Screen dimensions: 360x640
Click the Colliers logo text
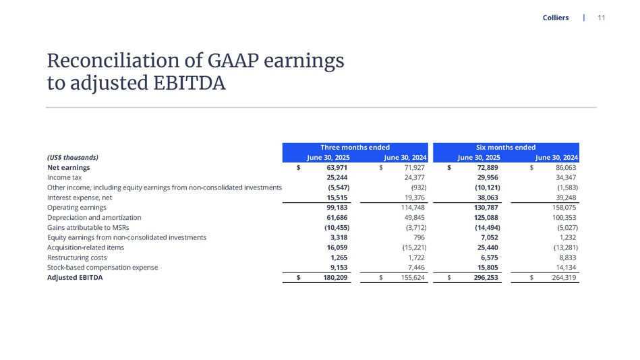tap(555, 18)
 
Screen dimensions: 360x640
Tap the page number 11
tap(602, 18)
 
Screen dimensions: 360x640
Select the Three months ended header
tap(355, 147)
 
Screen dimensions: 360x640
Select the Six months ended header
tap(505, 147)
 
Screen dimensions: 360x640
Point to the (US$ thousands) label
tap(73, 157)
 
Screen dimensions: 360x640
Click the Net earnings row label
tap(69, 167)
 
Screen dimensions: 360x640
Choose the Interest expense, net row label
tap(80, 198)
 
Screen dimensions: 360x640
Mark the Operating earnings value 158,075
tap(563, 208)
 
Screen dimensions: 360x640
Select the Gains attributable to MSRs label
tap(88, 228)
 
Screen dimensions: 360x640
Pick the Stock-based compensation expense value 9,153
tap(338, 268)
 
